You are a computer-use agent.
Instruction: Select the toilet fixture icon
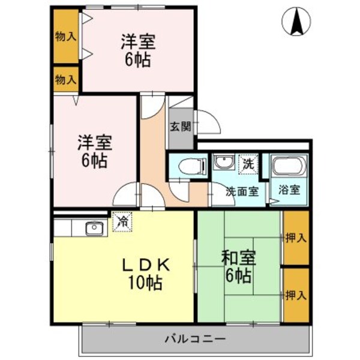pyautogui.click(x=187, y=166)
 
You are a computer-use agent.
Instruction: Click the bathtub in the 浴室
pyautogui.click(x=289, y=167)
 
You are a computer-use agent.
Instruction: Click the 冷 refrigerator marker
pyautogui.click(x=122, y=222)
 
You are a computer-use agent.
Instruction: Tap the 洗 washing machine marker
pyautogui.click(x=248, y=163)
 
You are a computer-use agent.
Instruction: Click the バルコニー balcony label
pyautogui.click(x=195, y=339)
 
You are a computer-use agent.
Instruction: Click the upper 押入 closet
pyautogui.click(x=295, y=238)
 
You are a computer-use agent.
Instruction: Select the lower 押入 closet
pyautogui.click(x=295, y=295)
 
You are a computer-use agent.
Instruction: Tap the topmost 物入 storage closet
pyautogui.click(x=65, y=37)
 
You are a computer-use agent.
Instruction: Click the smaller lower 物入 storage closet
pyautogui.click(x=65, y=79)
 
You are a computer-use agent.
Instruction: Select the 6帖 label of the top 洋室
pyautogui.click(x=138, y=60)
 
